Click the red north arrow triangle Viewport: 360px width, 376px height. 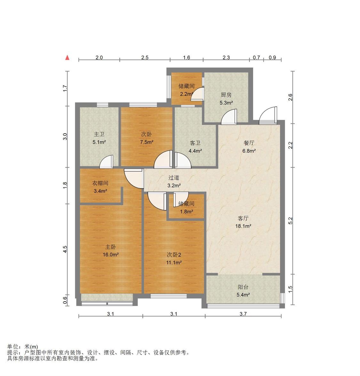click(x=68, y=58)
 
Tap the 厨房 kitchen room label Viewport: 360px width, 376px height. click(x=226, y=95)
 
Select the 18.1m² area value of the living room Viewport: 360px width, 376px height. click(x=243, y=226)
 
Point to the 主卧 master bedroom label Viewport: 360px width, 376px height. click(x=111, y=247)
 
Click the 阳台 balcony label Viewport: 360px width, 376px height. click(x=243, y=287)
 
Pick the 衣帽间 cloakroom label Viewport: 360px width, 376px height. click(x=100, y=183)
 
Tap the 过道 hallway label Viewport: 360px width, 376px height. click(x=174, y=178)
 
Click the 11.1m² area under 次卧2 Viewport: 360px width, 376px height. click(x=174, y=262)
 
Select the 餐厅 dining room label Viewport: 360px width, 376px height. click(x=249, y=143)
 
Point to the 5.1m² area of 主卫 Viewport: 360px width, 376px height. click(x=99, y=142)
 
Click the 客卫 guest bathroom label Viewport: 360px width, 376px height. click(x=195, y=143)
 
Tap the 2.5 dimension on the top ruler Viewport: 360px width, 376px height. click(x=145, y=58)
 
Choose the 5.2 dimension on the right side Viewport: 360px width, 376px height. click(x=291, y=221)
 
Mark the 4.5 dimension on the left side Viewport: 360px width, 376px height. click(x=65, y=249)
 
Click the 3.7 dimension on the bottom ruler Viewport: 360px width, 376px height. click(x=243, y=314)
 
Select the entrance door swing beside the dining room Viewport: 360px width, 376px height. click(x=268, y=116)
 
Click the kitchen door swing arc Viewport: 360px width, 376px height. click(x=229, y=117)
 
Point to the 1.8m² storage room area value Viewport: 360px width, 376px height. click(x=187, y=212)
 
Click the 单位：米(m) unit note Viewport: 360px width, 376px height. click(x=22, y=347)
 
